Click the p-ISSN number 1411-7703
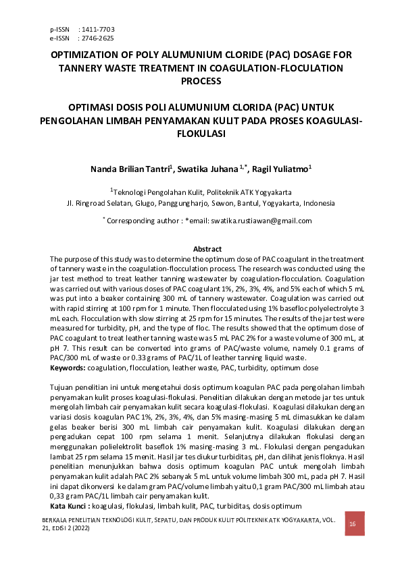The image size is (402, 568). click(97, 30)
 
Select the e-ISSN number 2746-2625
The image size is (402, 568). click(97, 38)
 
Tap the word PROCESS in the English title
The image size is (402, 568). click(201, 81)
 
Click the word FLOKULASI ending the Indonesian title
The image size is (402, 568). click(201, 134)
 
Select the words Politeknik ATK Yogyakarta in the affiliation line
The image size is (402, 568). click(253, 192)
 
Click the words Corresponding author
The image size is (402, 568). click(137, 221)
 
